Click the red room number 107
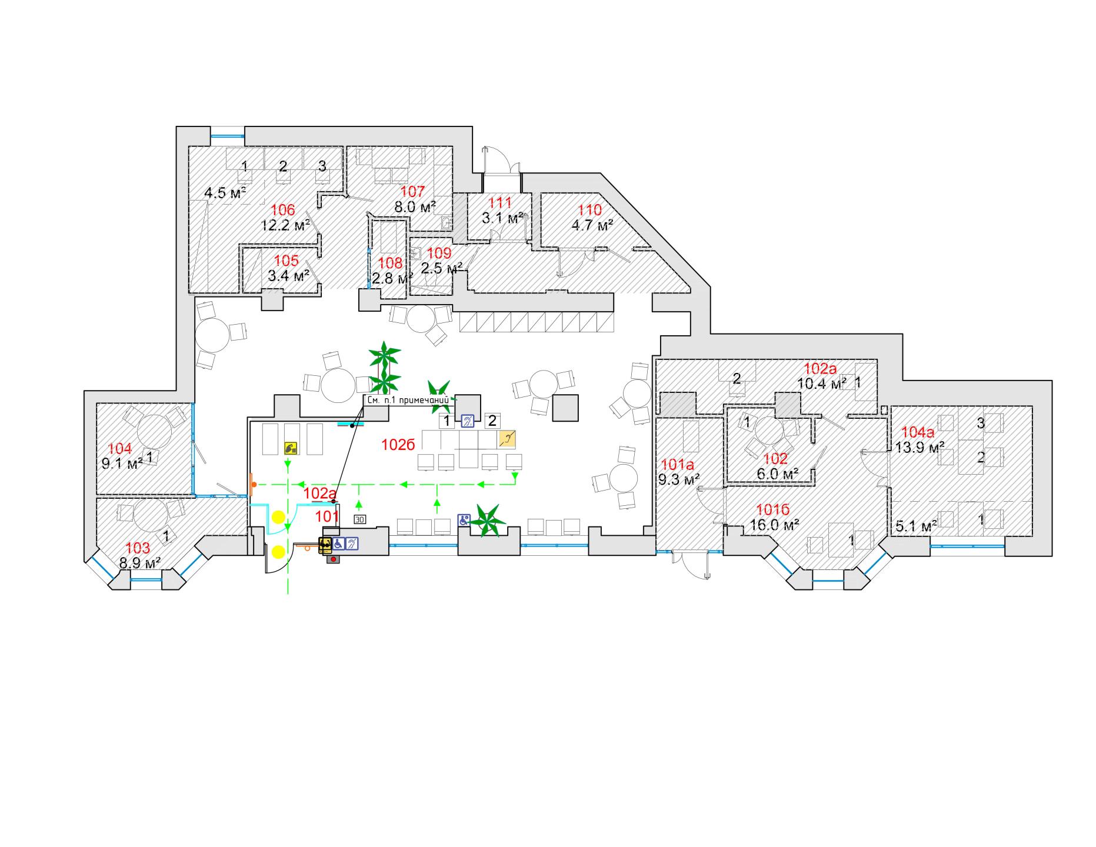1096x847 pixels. click(x=412, y=191)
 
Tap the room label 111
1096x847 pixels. click(x=500, y=203)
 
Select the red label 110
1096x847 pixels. click(x=590, y=210)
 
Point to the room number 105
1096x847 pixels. click(x=287, y=261)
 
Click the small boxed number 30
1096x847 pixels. click(x=359, y=519)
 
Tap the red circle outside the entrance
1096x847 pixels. click(x=335, y=560)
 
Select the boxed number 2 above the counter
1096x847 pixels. click(x=492, y=421)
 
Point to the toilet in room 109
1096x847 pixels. click(x=447, y=222)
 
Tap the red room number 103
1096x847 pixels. click(x=138, y=549)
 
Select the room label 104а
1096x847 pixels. click(x=918, y=433)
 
